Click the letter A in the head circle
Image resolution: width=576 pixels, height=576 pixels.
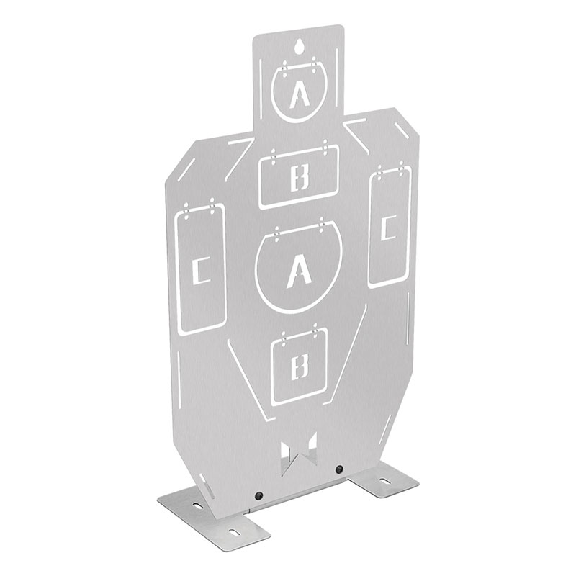tap(299, 94)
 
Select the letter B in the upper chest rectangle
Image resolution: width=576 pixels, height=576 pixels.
tap(300, 178)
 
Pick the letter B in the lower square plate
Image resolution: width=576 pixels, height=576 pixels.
tap(299, 367)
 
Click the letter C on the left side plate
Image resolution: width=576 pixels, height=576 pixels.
tap(201, 271)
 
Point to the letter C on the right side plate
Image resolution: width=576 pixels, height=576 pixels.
tap(388, 228)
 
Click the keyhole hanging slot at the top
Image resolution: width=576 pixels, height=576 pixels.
tap(299, 46)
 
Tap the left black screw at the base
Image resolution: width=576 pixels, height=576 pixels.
tap(260, 495)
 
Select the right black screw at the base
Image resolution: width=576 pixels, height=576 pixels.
tap(339, 469)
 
